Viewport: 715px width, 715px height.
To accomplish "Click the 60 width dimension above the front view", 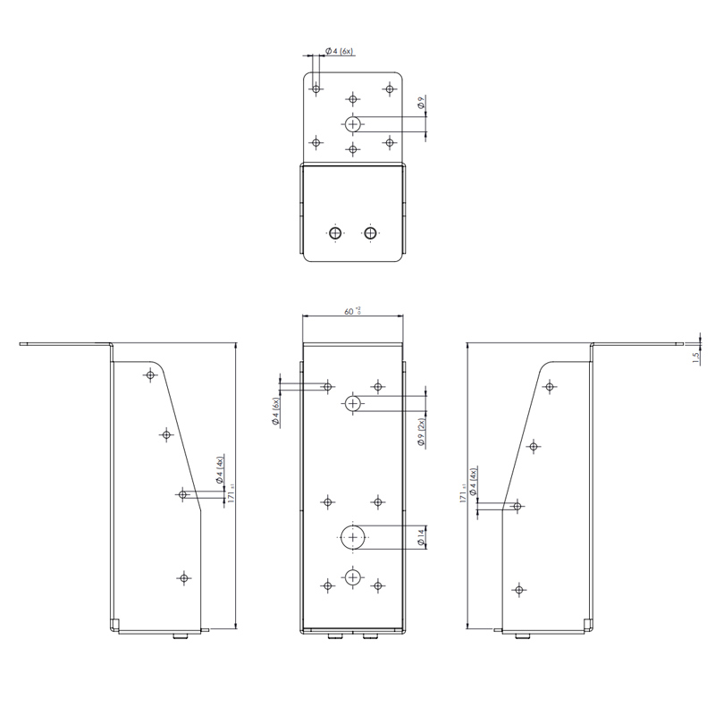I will click(351, 311).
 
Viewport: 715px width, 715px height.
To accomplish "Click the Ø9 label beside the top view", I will click(420, 105).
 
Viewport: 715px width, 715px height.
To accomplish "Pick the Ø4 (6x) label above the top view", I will click(339, 52).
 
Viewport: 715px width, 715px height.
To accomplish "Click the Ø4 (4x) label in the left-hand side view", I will click(220, 469).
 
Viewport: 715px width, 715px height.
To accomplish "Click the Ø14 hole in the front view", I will click(354, 537).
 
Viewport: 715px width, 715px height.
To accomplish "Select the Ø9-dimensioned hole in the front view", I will click(353, 404).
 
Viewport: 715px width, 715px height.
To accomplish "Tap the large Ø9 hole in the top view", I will click(354, 122).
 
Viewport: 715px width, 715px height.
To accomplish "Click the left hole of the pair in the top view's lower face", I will click(334, 233).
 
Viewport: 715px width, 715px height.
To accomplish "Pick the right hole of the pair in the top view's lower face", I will click(370, 233).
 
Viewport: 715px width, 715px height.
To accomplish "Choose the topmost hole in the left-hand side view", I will click(149, 375).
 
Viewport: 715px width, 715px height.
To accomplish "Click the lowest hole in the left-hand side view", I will click(184, 578).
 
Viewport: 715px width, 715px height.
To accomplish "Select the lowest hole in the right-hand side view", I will click(517, 589).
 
